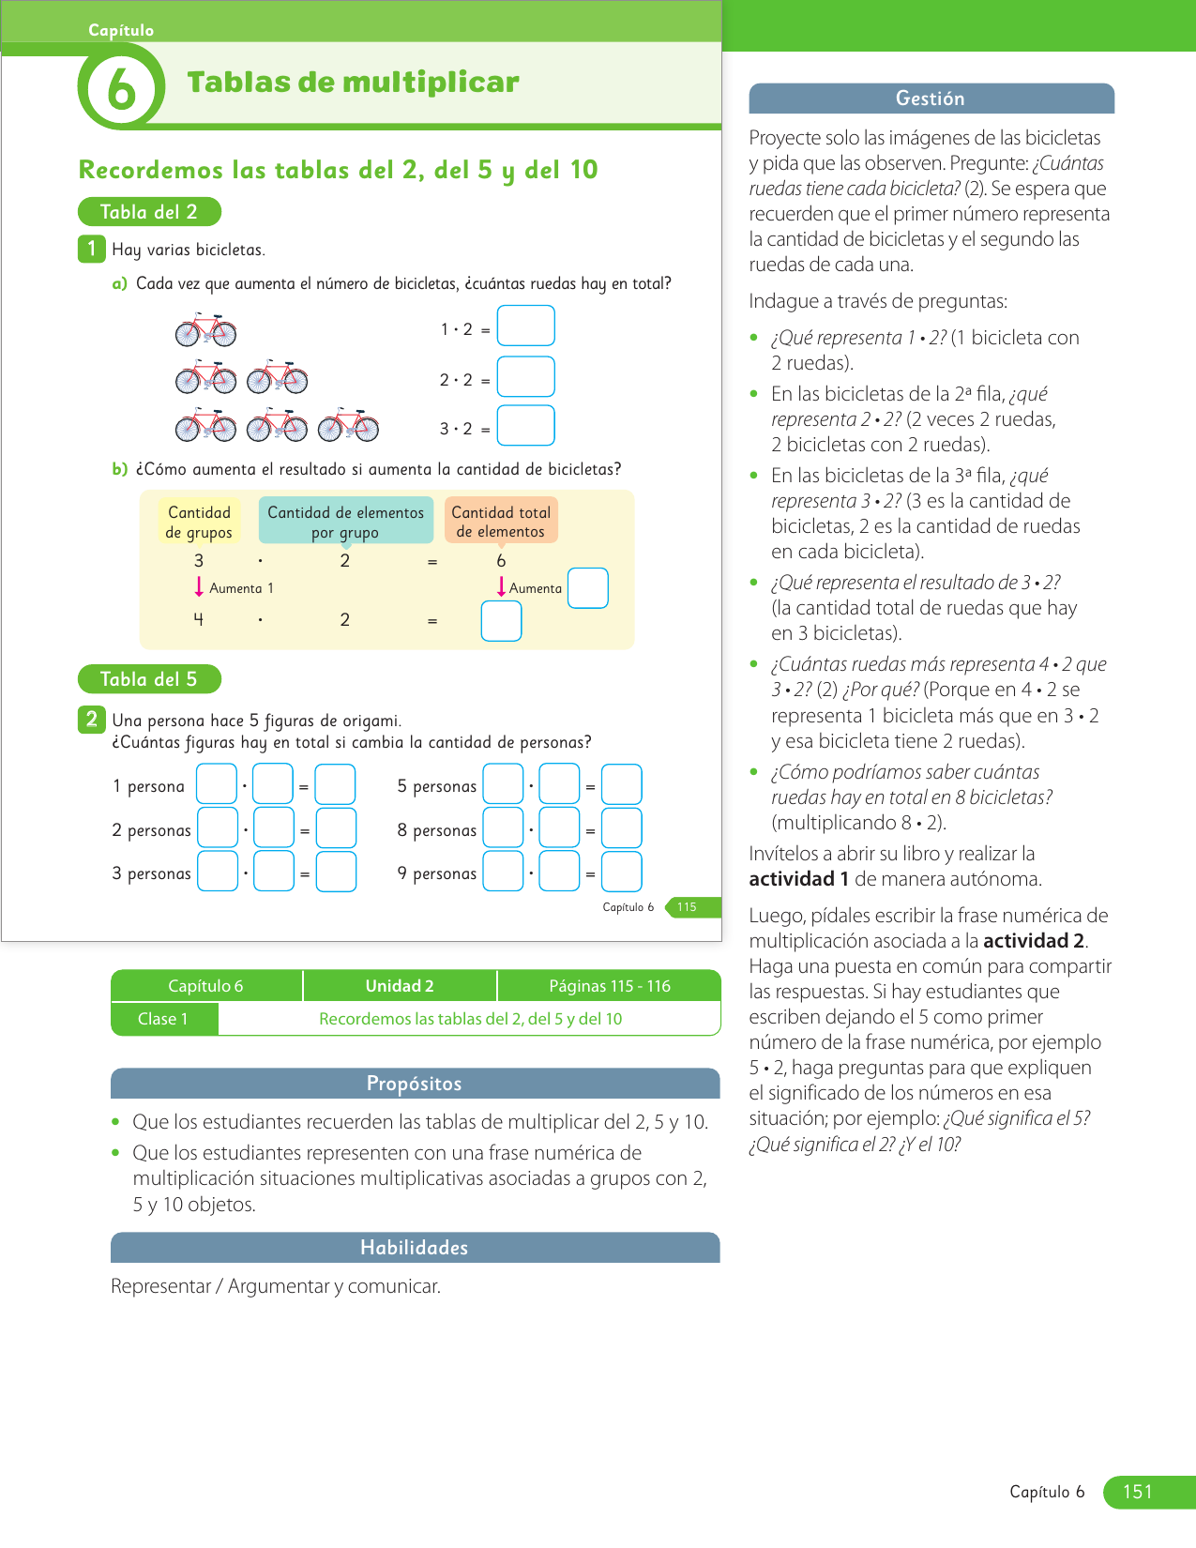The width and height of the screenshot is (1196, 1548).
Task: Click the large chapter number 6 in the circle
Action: click(121, 90)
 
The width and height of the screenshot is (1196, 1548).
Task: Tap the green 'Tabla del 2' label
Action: click(149, 212)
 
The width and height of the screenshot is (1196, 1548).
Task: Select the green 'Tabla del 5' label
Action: click(149, 679)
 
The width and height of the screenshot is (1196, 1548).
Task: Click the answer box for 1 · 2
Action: click(525, 326)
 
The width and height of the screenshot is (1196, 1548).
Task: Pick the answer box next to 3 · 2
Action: click(525, 425)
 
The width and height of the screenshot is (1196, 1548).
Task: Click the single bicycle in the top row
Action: click(205, 330)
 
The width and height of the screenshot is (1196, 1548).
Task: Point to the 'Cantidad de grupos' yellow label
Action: click(199, 522)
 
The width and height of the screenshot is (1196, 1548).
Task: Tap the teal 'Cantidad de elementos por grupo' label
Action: click(345, 521)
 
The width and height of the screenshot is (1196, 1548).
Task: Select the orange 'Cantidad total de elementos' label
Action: click(501, 521)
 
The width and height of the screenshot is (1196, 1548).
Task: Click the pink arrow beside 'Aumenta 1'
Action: click(199, 587)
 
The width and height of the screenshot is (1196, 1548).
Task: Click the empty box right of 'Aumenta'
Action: click(588, 588)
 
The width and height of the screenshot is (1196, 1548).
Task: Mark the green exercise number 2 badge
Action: click(91, 720)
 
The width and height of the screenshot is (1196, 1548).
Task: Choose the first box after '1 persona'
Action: click(217, 784)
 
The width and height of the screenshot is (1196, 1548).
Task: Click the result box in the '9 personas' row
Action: click(621, 872)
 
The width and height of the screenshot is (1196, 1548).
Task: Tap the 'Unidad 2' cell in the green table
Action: click(400, 986)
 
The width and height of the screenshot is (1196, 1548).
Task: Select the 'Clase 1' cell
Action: click(163, 1019)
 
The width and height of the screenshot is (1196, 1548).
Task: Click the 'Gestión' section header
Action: click(931, 99)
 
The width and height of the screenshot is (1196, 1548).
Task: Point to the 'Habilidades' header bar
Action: click(415, 1248)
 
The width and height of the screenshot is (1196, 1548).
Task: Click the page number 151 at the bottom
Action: click(1137, 1492)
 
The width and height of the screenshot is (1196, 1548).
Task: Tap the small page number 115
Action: click(688, 907)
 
